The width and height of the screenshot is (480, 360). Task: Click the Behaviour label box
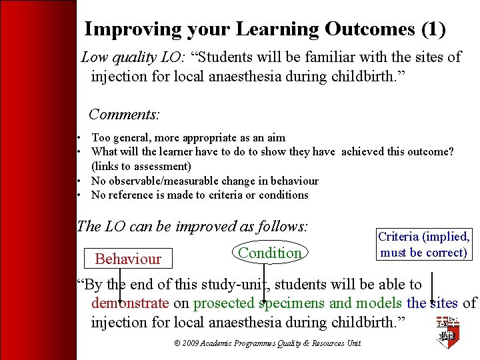128,259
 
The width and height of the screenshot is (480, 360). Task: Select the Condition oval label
270,253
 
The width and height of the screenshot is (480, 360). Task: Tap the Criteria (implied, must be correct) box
423,245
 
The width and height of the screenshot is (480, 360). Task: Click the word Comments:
124,114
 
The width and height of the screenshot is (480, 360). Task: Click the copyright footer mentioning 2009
267,343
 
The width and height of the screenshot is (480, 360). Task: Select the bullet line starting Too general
188,138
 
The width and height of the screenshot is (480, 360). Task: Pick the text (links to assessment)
141,166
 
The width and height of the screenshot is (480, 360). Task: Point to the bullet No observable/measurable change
205,181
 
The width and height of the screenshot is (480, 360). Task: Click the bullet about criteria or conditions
199,195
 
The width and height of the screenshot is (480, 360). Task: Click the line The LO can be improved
193,226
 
